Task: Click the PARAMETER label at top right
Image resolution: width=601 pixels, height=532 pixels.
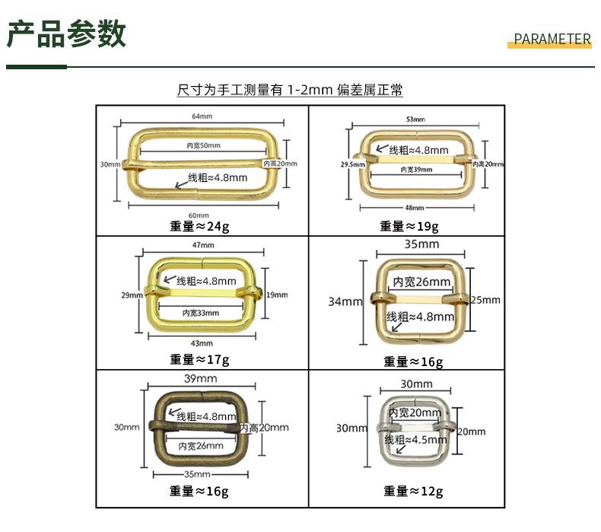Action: [x=552, y=40]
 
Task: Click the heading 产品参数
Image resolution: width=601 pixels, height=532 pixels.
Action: [x=67, y=34]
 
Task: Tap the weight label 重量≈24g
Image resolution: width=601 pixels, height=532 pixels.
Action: [x=199, y=226]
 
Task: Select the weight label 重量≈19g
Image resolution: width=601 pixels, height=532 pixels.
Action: [x=409, y=226]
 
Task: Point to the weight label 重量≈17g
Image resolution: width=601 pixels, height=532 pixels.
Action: [x=199, y=359]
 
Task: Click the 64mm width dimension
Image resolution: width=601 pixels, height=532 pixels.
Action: [x=202, y=116]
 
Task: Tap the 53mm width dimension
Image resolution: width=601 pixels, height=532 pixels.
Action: [x=415, y=119]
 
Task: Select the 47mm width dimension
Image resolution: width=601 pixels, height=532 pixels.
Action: [x=202, y=246]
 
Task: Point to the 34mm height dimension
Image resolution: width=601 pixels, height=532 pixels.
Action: [x=345, y=301]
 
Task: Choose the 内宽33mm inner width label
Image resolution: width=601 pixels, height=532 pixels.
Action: [x=201, y=313]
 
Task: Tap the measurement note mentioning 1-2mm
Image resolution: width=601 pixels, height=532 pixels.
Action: [x=290, y=91]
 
